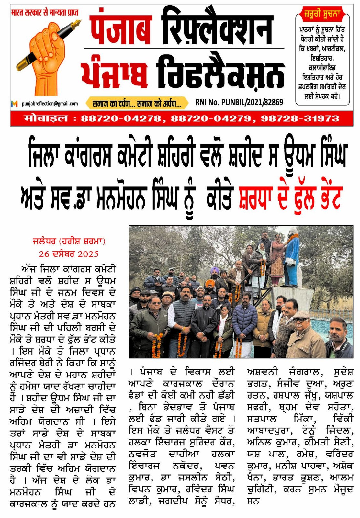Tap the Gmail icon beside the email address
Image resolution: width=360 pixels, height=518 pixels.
14,104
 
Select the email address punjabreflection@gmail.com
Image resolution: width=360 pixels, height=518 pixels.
50,104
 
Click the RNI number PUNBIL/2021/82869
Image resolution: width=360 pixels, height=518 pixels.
239,102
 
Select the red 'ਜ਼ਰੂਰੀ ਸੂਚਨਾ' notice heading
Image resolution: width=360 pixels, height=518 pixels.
322,15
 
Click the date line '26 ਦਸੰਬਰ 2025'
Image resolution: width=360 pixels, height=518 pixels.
69,254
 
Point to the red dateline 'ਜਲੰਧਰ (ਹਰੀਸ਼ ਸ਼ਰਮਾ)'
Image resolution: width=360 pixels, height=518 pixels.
69,241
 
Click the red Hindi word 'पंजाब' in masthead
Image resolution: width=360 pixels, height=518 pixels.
121,27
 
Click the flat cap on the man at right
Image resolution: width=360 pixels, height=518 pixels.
301,314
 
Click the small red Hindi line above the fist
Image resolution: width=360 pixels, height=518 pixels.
45,13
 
